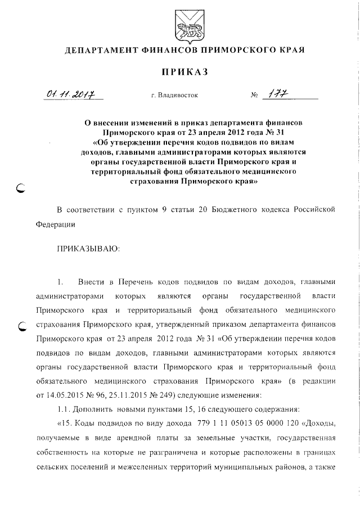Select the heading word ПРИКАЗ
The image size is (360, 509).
click(x=185, y=72)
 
